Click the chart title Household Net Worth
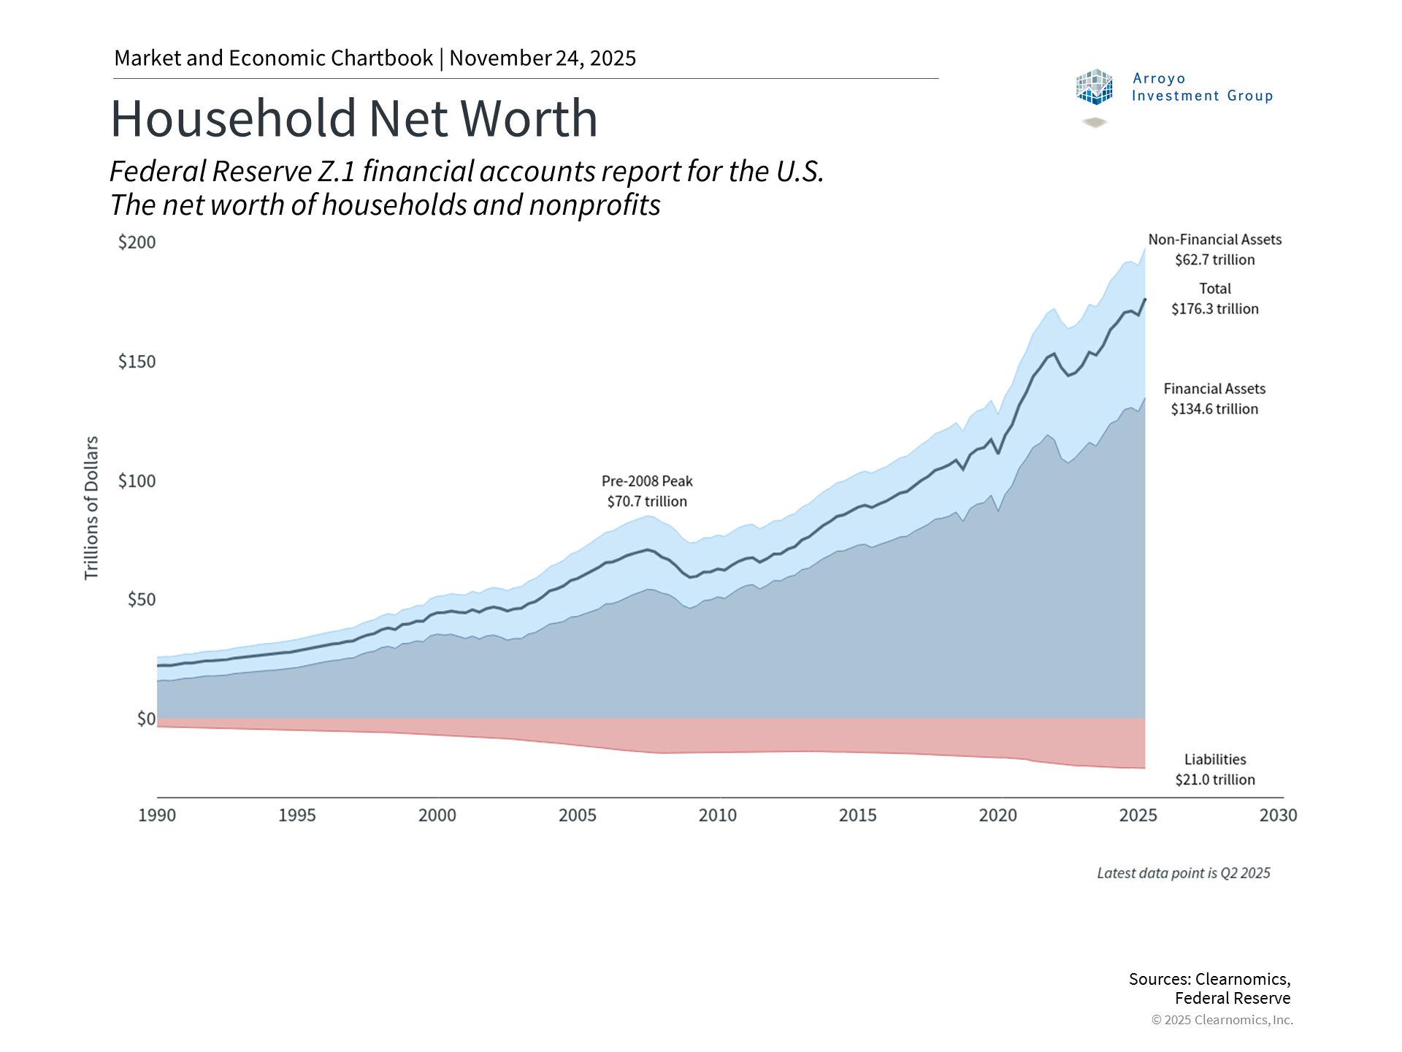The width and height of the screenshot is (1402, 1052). point(354,118)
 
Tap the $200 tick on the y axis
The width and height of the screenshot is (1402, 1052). point(137,243)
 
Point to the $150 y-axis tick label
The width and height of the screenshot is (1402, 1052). point(137,362)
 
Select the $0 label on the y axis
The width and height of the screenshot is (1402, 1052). point(146,719)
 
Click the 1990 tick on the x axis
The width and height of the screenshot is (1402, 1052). point(157,815)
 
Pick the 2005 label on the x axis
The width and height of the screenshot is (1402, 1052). point(578,815)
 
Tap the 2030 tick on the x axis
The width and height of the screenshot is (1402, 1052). point(1278,815)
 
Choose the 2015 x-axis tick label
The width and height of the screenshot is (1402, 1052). point(857,815)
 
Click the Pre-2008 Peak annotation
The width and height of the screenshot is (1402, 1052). point(647,481)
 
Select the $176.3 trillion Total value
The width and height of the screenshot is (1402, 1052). point(1215,309)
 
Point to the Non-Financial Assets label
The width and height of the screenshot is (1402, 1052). point(1215,240)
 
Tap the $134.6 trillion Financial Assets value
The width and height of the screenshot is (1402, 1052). point(1215,409)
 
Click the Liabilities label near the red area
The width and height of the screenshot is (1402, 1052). point(1215,760)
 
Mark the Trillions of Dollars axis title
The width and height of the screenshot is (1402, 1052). point(91,508)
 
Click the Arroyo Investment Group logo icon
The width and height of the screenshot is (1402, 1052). point(1094,88)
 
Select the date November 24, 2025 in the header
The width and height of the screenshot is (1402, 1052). point(543,58)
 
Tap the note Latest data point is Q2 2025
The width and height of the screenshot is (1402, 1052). point(1184,873)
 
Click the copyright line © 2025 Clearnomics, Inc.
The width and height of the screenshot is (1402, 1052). point(1222,1020)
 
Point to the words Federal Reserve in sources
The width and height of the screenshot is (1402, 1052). point(1233,999)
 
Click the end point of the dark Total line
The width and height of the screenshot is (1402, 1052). point(1144,300)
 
